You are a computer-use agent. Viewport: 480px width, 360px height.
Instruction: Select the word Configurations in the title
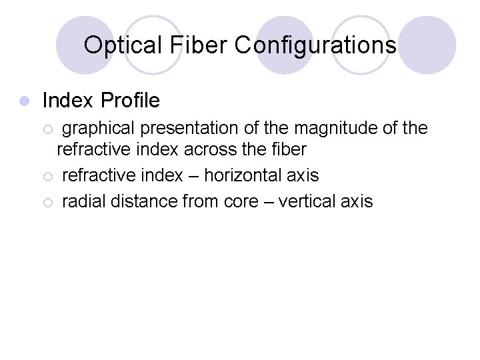coord(316,45)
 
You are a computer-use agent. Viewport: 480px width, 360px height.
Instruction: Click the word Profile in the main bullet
coord(130,101)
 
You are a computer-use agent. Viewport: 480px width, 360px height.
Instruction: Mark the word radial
coord(84,201)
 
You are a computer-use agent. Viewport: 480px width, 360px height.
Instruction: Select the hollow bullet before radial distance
coord(46,202)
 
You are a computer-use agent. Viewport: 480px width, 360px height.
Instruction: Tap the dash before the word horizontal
coord(193,176)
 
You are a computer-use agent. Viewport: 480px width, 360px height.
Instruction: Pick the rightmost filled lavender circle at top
coord(427,45)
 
